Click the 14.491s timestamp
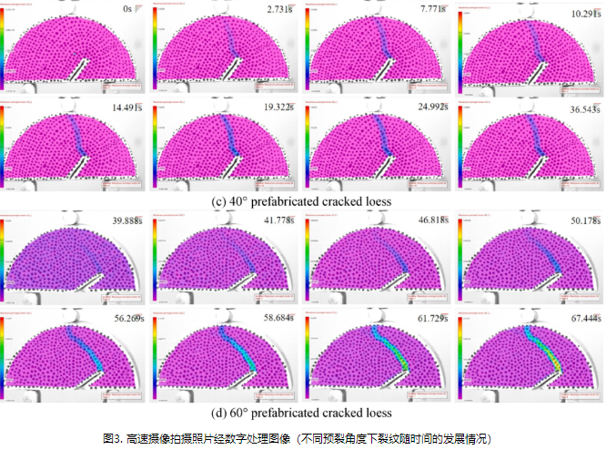pos(126,107)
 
